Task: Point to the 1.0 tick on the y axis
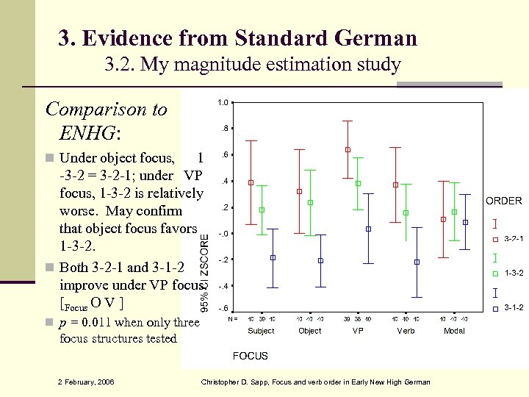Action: [222, 102]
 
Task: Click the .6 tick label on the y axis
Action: [223, 154]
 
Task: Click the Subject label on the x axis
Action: [261, 331]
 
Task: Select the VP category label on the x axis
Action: [358, 331]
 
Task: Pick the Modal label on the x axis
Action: [454, 331]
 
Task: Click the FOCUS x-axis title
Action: [251, 356]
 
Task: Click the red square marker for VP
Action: [348, 150]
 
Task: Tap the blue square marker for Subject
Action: [273, 257]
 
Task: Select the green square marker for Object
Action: [310, 202]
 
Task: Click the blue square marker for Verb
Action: [417, 262]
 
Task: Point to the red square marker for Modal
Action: [443, 219]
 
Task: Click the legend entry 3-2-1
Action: [513, 239]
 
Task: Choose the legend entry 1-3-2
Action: [513, 273]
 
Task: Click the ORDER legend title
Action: [503, 201]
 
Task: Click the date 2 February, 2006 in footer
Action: [86, 381]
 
